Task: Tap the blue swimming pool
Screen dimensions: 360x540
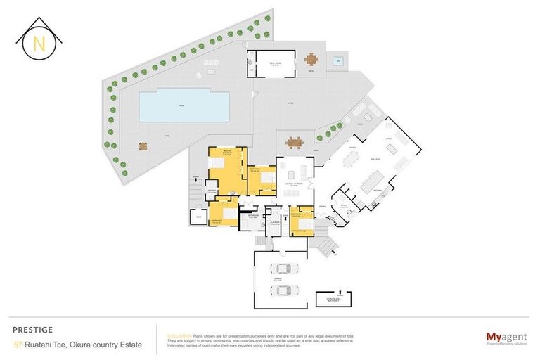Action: [x=184, y=106]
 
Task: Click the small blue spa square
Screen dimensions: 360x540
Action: [x=338, y=61]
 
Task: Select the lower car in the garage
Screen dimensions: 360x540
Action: [x=285, y=290]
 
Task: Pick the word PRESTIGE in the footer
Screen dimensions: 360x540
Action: [x=32, y=329]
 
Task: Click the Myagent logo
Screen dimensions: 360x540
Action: [x=506, y=338]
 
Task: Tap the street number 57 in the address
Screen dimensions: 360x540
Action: [x=18, y=345]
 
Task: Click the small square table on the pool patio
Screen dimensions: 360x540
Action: [x=143, y=146]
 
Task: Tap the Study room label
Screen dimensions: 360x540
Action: [x=345, y=207]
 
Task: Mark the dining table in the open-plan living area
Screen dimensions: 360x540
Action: [x=352, y=162]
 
